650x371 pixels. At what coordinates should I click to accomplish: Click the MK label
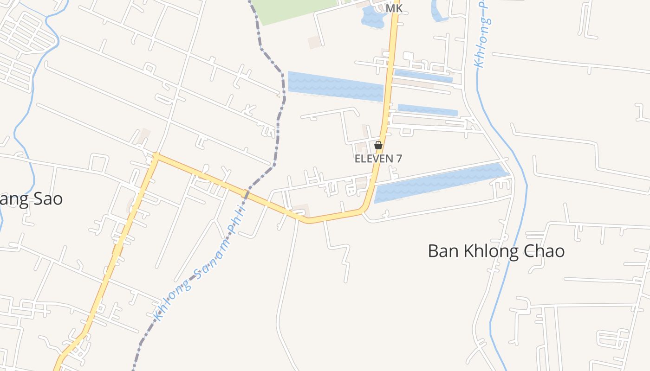(x=394, y=8)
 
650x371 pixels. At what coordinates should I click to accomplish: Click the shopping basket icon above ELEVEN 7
(x=378, y=145)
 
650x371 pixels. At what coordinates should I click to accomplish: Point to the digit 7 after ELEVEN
(x=398, y=159)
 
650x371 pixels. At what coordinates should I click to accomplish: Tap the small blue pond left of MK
(x=373, y=18)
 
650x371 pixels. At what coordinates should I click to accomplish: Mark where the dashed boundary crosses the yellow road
(x=247, y=192)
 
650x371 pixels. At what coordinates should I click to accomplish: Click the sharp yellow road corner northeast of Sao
(x=156, y=157)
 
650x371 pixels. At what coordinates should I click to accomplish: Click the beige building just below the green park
(x=314, y=42)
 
